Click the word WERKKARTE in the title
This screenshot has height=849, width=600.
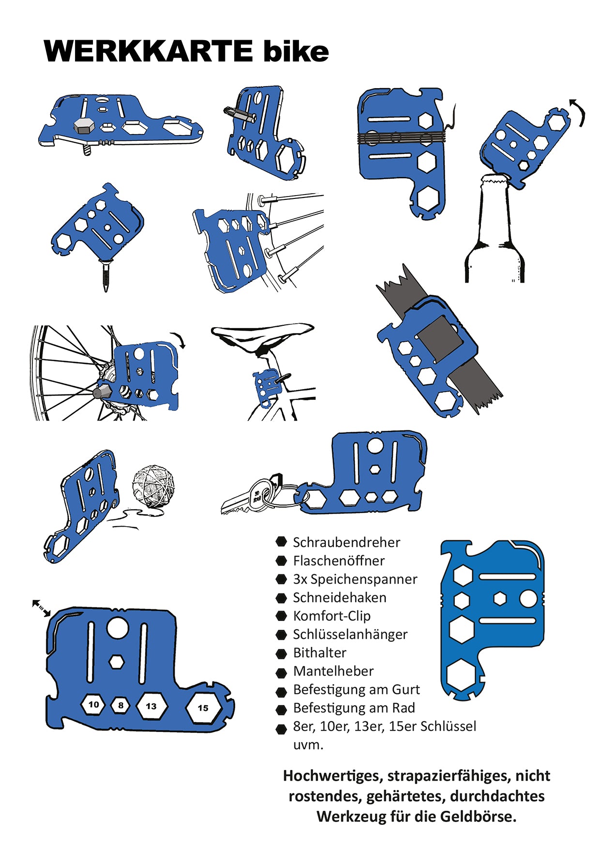(x=148, y=51)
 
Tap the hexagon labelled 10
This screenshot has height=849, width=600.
(x=93, y=705)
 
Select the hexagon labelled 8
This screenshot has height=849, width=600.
(x=120, y=706)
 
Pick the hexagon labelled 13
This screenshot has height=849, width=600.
(x=151, y=706)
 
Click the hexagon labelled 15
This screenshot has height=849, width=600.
(x=203, y=708)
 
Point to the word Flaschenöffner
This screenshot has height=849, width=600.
(x=339, y=561)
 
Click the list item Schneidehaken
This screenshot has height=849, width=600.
(x=340, y=597)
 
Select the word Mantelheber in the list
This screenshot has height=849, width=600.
(x=333, y=671)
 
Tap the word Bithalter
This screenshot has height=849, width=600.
(x=320, y=652)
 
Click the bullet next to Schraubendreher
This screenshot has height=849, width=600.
(x=281, y=542)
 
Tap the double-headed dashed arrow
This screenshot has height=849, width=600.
(x=41, y=608)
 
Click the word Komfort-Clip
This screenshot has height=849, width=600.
(x=332, y=616)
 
